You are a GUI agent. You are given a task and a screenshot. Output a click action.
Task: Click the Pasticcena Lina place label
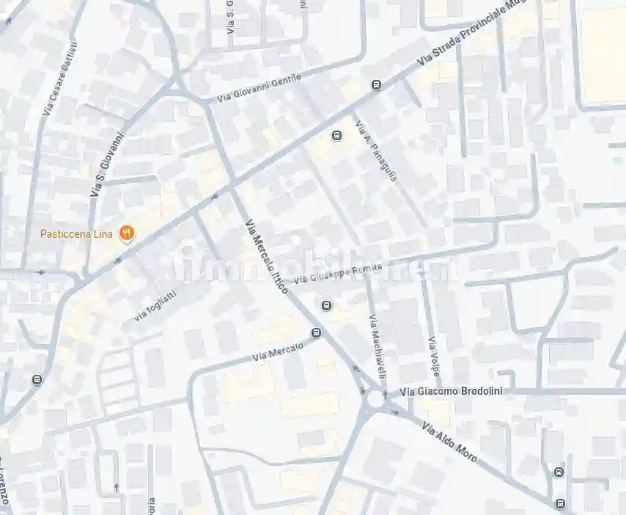76,234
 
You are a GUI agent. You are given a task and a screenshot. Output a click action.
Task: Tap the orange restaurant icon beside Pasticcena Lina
128,233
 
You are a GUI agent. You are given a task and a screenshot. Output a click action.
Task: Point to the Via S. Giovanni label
107,165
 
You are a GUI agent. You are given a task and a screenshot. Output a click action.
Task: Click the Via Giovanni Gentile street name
259,89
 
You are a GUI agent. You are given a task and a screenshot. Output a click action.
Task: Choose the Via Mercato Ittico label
265,257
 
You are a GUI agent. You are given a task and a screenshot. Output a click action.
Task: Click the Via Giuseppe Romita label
338,274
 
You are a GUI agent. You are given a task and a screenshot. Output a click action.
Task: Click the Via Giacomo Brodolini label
452,391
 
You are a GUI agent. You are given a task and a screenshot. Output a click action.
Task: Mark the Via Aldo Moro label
449,441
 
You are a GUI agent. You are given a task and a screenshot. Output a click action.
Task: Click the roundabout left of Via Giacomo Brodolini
377,399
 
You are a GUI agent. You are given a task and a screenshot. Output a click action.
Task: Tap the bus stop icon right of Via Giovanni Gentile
377,86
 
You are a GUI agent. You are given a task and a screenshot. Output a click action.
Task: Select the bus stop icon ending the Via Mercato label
317,333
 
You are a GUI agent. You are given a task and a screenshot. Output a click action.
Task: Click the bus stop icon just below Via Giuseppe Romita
327,305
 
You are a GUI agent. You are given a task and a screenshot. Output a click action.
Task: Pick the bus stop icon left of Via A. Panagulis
337,135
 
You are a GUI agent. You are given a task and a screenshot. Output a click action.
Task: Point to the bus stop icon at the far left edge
37,380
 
